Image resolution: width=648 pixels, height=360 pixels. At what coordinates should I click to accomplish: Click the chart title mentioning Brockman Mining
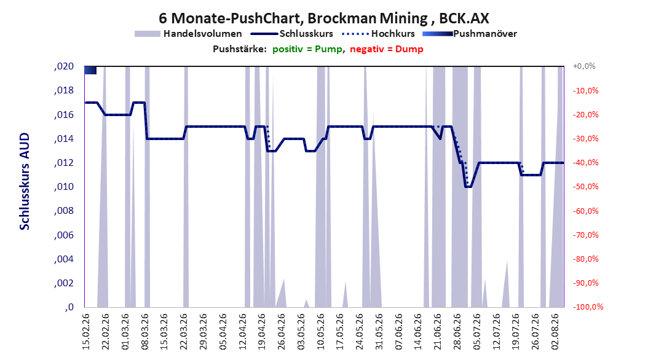[x=323, y=18]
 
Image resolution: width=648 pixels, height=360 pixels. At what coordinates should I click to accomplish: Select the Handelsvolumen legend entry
[x=189, y=34]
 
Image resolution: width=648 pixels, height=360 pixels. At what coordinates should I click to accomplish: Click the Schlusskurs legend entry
[x=292, y=34]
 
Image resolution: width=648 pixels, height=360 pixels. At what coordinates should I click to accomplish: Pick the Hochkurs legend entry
[x=379, y=34]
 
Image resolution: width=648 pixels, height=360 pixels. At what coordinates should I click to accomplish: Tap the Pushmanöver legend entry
[x=470, y=34]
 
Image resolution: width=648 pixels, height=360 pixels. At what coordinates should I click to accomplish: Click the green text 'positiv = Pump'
[x=307, y=49]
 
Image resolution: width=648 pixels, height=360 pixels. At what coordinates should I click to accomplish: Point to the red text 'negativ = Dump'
[x=387, y=49]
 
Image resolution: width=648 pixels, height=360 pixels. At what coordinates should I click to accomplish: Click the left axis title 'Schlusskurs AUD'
[x=25, y=181]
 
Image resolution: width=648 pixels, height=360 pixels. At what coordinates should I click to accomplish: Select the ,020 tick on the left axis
[x=64, y=66]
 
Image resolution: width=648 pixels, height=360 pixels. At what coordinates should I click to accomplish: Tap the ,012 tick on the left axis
[x=64, y=163]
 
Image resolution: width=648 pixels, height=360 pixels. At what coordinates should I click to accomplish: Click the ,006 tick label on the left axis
[x=64, y=235]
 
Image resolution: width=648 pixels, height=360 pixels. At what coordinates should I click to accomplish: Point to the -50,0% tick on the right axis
[x=585, y=187]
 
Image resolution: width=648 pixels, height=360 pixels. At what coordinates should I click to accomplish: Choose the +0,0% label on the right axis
[x=584, y=66]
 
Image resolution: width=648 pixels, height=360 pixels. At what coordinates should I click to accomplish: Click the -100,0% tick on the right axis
[x=588, y=307]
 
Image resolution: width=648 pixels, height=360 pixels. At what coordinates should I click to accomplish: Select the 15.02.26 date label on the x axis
[x=86, y=332]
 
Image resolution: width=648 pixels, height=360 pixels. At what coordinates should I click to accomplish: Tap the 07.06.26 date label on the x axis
[x=398, y=332]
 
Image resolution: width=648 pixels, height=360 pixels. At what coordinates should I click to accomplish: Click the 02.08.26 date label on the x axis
[x=555, y=332]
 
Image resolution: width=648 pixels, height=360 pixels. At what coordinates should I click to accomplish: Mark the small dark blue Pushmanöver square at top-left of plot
[x=90, y=70]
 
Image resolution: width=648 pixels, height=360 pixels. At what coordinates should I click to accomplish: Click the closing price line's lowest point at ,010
[x=468, y=187]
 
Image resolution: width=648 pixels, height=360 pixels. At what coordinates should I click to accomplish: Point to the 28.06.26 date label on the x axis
[x=457, y=332]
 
